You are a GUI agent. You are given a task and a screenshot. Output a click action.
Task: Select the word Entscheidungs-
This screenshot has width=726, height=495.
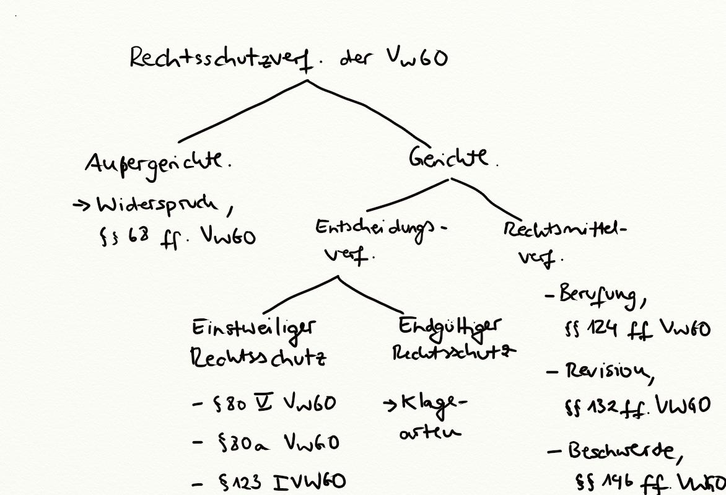pos(379,229)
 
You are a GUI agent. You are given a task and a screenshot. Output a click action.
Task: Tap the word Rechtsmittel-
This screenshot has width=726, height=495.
pos(564,230)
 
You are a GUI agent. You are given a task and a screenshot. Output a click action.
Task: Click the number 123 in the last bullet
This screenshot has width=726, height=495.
pos(251,481)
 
